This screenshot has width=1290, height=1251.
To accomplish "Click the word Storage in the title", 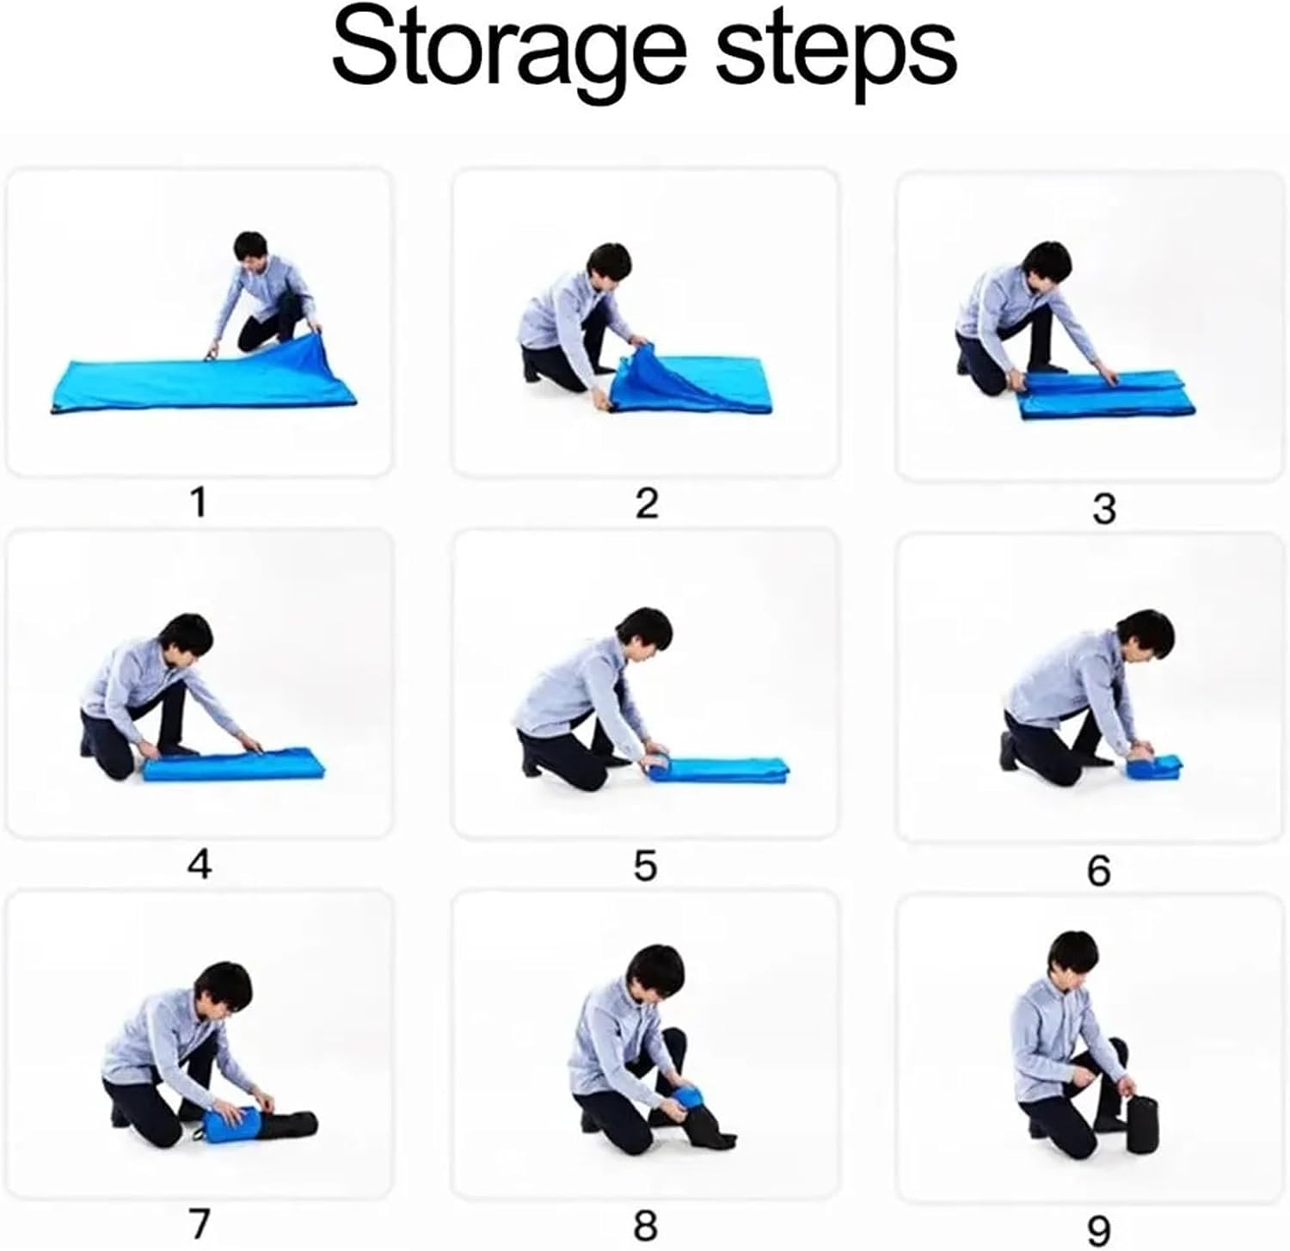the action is click(509, 54).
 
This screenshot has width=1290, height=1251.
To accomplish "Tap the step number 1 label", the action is click(199, 502).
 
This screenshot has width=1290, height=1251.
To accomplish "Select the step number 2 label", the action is click(646, 502).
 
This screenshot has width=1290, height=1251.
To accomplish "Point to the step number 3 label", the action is click(1103, 509).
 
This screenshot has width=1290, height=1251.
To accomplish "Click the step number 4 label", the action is click(199, 864).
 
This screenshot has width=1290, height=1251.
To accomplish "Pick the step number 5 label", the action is click(645, 866).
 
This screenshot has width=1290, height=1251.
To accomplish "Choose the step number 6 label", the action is click(1099, 871).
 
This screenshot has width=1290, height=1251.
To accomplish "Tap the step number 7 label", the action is click(199, 1224).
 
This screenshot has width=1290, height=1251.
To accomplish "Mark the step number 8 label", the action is click(646, 1224).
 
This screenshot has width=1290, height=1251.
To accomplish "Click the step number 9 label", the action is click(1099, 1230).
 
